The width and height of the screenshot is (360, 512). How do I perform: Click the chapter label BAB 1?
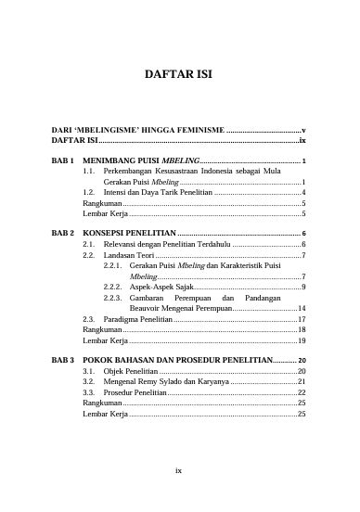click(62, 160)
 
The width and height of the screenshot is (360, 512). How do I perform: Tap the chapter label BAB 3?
click(62, 359)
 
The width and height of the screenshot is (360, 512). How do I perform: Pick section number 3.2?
click(90, 381)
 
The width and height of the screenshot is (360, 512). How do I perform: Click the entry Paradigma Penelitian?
click(137, 319)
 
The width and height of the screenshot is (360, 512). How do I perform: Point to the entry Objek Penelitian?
click(131, 370)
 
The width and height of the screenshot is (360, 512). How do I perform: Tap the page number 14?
click(302, 308)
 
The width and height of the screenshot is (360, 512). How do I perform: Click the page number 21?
click(302, 381)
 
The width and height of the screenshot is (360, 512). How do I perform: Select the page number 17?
click(302, 319)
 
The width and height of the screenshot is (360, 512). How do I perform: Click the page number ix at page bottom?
click(179, 470)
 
